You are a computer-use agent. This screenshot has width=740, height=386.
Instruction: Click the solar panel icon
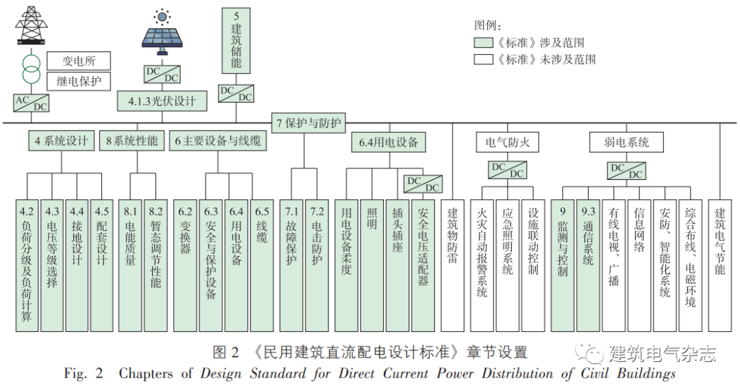162,33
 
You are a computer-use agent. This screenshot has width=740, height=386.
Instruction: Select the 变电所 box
79,60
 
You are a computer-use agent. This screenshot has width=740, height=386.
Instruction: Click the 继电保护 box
79,81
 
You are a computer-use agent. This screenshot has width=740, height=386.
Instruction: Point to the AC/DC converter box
32,103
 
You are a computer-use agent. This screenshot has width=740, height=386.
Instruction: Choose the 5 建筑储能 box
236,39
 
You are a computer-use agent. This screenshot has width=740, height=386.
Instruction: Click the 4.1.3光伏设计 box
162,101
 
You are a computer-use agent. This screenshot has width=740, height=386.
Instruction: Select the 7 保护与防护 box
309,123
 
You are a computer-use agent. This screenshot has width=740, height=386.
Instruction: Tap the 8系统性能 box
132,142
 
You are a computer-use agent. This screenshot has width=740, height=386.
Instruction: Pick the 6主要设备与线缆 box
219,142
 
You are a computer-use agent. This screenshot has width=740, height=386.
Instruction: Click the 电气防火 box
507,142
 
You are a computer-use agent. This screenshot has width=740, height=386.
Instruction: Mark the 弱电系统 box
626,142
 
